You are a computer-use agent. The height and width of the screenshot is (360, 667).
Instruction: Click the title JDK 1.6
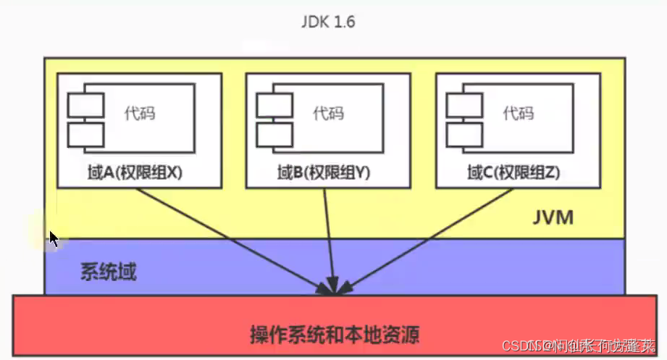[328, 22]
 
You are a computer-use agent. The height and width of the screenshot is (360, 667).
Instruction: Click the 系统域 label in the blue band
[108, 274]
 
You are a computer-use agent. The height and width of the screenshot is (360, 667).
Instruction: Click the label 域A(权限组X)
[138, 173]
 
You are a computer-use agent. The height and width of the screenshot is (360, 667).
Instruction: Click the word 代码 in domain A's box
[139, 113]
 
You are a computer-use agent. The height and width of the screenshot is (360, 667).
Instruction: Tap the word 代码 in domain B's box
[328, 113]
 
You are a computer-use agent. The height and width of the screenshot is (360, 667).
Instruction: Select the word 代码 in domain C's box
[518, 113]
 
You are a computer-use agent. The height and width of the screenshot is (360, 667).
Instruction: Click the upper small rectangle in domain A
[86, 105]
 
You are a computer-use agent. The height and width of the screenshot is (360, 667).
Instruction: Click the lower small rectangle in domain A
[86, 135]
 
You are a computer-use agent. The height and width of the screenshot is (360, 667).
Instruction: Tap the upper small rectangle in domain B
[274, 105]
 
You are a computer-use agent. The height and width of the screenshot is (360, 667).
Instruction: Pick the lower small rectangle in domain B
[274, 135]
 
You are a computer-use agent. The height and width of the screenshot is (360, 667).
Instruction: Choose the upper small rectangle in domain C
[464, 105]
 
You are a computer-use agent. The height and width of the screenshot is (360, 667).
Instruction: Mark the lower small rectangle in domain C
[464, 135]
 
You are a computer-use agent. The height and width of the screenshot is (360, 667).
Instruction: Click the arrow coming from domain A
[232, 239]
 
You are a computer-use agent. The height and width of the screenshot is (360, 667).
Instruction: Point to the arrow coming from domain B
[330, 239]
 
